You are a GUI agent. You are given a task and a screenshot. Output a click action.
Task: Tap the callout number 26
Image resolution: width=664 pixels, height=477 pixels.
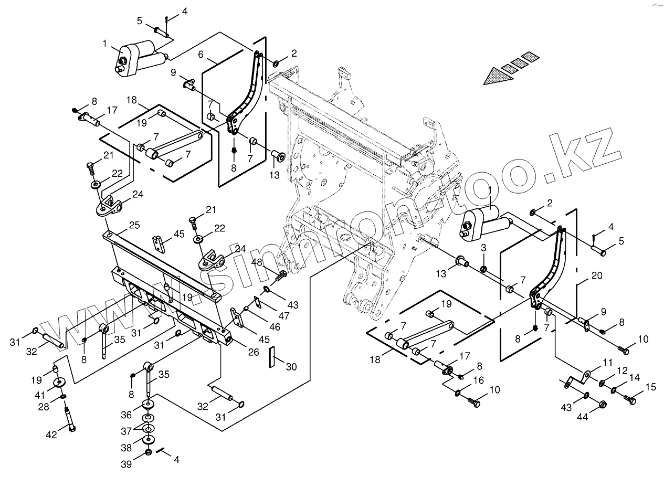[x=254, y=352]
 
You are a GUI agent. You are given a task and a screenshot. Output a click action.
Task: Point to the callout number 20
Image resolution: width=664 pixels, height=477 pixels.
[x=597, y=275]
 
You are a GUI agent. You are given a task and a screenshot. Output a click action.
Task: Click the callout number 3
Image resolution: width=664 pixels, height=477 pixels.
[x=484, y=248]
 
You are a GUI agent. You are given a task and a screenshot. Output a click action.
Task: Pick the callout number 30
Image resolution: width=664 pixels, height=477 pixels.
[x=291, y=367]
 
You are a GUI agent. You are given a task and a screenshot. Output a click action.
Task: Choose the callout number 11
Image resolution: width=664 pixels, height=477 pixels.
[x=608, y=363]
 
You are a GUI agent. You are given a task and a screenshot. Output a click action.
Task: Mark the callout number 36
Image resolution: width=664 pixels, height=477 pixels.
[x=127, y=415]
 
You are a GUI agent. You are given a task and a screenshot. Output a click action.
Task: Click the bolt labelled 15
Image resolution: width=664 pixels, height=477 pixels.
[x=630, y=399]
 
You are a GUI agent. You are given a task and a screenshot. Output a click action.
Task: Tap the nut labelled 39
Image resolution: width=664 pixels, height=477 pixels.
[x=149, y=452]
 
